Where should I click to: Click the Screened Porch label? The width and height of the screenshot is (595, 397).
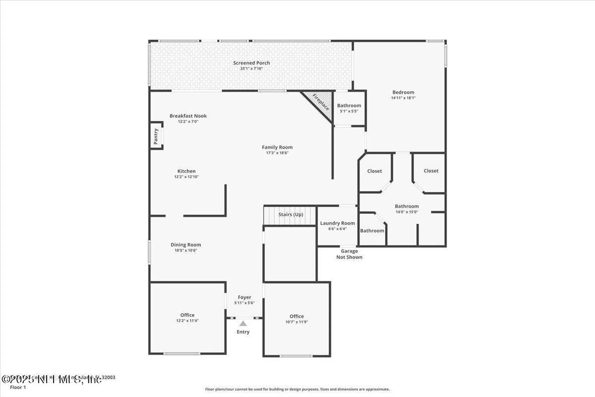tap(251, 63)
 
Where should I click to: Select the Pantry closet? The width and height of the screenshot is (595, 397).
tap(156, 136)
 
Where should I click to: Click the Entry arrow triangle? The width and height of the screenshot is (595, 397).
tap(243, 324)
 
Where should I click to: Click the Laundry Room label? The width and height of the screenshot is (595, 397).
tap(337, 223)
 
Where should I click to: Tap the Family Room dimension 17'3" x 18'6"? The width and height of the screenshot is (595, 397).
tap(277, 153)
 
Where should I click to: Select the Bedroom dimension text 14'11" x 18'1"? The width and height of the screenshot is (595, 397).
tap(403, 98)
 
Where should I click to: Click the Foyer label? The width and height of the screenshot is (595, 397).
tap(244, 297)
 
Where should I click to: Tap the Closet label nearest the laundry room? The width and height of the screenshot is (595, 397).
tap(374, 171)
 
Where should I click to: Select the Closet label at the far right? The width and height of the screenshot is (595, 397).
tap(431, 171)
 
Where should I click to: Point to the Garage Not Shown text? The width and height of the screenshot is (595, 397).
tap(349, 254)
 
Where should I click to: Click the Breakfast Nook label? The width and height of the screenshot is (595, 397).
tap(188, 116)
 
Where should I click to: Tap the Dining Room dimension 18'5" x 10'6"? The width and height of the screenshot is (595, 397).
tap(186, 251)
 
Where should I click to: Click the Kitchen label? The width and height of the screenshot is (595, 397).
tap(186, 171)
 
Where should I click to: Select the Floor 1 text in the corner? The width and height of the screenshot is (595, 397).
tap(18, 387)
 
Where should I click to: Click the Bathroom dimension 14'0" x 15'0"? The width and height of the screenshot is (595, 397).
tap(407, 212)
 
